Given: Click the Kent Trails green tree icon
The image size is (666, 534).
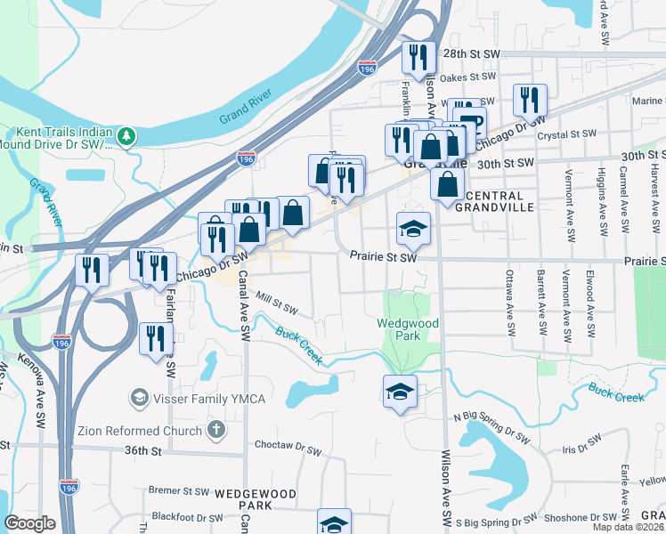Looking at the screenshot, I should pyautogui.click(x=127, y=134).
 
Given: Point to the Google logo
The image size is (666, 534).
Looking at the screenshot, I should pyautogui.click(x=30, y=523).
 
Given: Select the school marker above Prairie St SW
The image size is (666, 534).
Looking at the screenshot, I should pyautogui.click(x=413, y=230).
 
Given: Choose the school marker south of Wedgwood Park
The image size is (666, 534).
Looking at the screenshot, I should pyautogui.click(x=400, y=391).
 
